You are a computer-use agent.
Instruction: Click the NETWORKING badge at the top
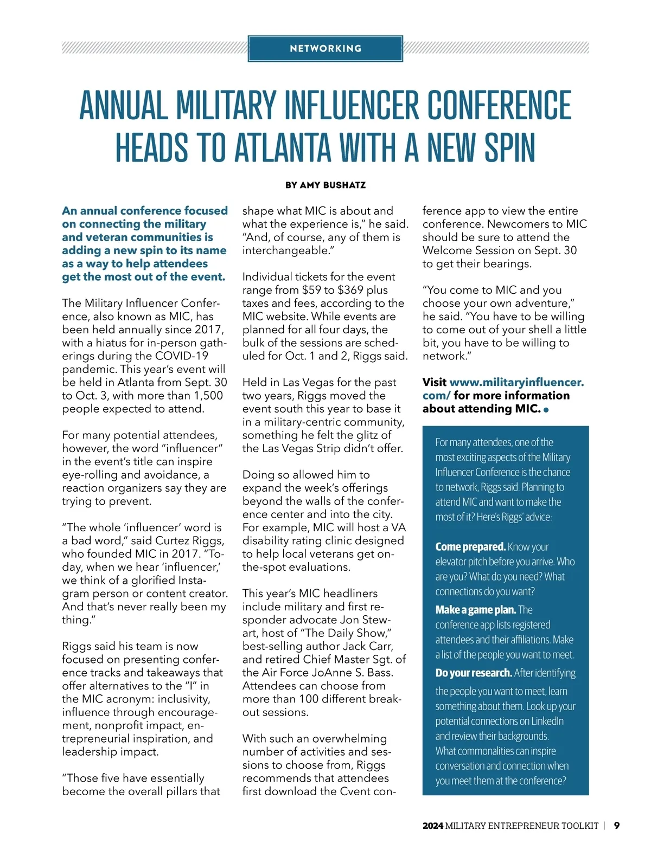click(325, 49)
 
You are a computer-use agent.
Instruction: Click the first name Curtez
click(173, 541)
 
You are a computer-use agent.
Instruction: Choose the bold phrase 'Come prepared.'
click(470, 546)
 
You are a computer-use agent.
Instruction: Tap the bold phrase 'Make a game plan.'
click(475, 610)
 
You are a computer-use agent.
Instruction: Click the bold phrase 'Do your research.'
click(473, 673)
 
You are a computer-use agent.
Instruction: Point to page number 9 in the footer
click(617, 826)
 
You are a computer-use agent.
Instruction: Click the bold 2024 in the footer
click(432, 826)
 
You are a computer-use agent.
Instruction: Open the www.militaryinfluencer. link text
click(516, 382)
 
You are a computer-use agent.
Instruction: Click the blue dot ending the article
click(546, 410)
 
